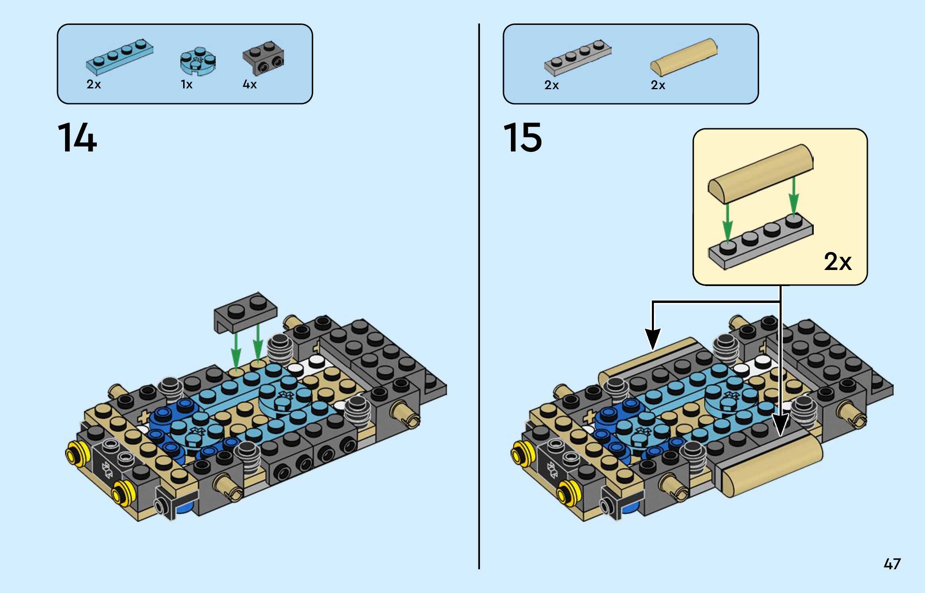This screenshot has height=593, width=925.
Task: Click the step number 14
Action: (77, 138)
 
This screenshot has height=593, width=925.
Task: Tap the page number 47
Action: (892, 564)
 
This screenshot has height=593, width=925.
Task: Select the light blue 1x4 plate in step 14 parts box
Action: (119, 57)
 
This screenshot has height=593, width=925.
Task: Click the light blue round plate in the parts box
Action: (198, 61)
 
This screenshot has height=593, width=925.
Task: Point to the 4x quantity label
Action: (249, 84)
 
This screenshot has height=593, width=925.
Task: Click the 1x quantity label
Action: (186, 84)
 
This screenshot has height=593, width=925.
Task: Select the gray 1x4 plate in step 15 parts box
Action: (578, 57)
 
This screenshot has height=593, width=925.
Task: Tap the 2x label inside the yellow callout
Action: (837, 262)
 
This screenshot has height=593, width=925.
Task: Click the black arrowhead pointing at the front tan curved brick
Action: (780, 425)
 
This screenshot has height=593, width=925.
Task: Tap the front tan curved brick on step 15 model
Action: (771, 466)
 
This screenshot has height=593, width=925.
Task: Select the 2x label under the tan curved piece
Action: (658, 85)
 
